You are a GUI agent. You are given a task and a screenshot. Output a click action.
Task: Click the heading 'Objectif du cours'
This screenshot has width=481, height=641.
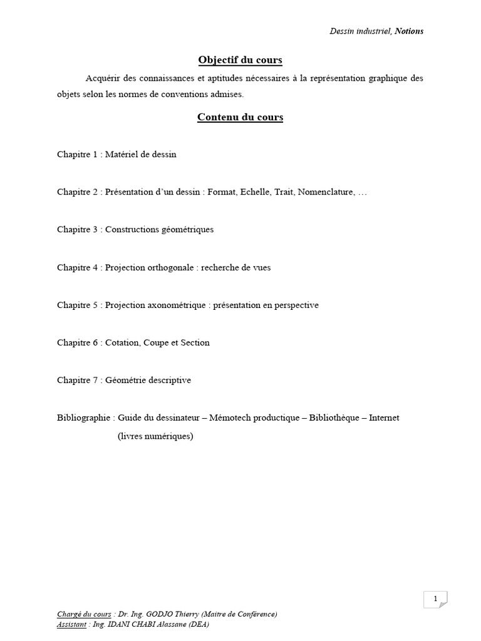click(240, 60)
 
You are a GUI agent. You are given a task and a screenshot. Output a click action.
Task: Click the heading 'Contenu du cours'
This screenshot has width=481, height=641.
click(240, 117)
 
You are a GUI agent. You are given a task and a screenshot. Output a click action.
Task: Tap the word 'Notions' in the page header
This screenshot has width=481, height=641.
click(409, 31)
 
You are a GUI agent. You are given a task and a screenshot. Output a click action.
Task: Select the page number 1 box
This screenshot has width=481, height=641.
click(435, 599)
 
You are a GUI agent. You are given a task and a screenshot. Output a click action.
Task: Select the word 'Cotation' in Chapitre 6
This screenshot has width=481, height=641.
click(122, 342)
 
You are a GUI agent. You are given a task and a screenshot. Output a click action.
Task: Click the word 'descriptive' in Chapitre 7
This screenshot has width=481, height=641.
click(169, 380)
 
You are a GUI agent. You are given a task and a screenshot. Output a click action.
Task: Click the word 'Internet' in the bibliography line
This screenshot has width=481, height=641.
click(384, 418)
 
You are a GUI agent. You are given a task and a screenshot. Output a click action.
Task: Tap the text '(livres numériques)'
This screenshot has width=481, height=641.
click(155, 436)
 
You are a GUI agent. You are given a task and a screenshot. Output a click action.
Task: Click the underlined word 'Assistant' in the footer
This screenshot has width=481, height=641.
click(71, 624)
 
